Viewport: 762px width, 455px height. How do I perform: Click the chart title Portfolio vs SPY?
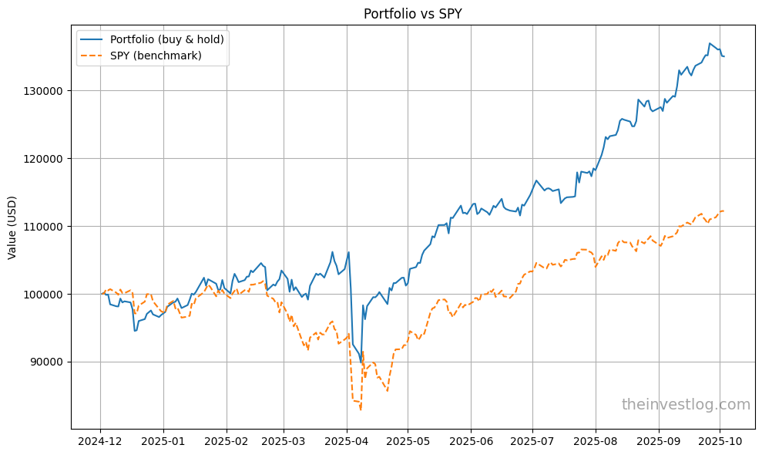[x=412, y=13]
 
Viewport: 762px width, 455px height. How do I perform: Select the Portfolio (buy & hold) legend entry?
[x=166, y=39]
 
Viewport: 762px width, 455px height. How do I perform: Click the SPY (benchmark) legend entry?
[x=156, y=56]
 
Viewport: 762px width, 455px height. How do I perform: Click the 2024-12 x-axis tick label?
[x=100, y=443]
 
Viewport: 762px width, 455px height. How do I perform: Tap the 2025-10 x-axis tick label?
[x=720, y=443]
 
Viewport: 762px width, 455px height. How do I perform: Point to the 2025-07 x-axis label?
[x=532, y=443]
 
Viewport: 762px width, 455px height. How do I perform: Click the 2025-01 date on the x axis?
[x=163, y=443]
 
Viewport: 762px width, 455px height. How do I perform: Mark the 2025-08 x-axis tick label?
[x=596, y=443]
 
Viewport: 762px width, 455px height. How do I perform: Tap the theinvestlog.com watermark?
[x=685, y=405]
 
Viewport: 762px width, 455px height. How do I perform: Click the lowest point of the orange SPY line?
[x=361, y=410]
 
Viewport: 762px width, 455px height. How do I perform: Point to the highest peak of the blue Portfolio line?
[x=710, y=43]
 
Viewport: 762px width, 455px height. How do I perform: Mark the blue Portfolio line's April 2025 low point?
[x=361, y=362]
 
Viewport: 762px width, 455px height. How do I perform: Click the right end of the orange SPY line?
[x=723, y=211]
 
